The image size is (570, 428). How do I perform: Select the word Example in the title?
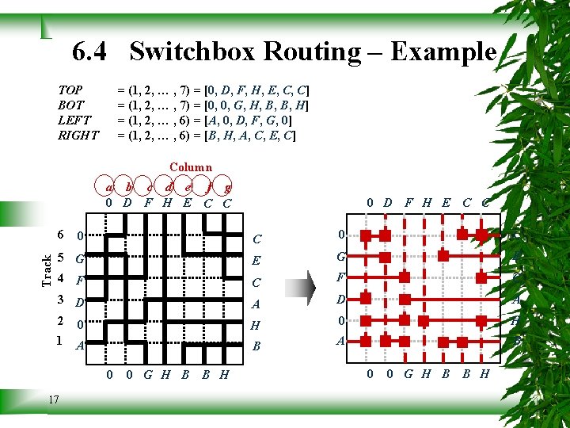tap(443, 52)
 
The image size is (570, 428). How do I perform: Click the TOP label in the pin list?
tap(70, 90)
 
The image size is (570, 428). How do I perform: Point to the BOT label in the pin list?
tap(70, 105)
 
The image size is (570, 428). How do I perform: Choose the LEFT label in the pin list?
tap(74, 120)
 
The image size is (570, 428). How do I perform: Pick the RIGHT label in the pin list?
tap(78, 136)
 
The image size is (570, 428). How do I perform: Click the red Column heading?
tap(191, 167)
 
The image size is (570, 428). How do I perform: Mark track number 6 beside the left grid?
tap(60, 235)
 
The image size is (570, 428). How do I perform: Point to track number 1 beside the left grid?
tap(60, 342)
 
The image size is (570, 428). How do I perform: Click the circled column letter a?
tap(110, 188)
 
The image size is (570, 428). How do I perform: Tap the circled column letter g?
tap(227, 188)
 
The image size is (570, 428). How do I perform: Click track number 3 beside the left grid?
tap(60, 300)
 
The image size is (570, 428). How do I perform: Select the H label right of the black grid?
tap(255, 325)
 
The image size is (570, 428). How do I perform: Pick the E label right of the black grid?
tap(255, 259)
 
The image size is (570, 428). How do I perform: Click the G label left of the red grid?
tap(340, 257)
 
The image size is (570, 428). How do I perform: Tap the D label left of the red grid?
tap(340, 300)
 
